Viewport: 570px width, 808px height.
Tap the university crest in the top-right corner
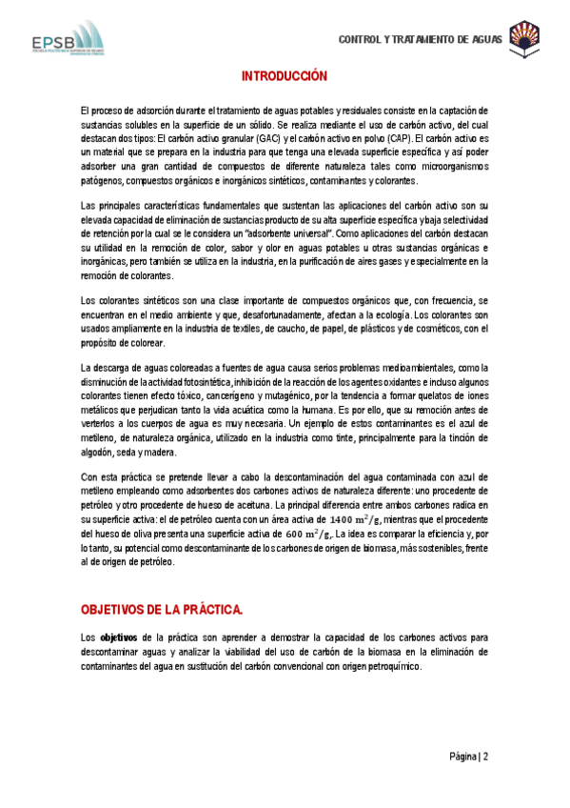click(525, 37)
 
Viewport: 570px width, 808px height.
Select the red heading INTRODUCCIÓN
click(285, 75)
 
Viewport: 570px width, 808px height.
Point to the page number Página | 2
click(469, 757)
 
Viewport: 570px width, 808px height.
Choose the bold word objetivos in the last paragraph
click(119, 636)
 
